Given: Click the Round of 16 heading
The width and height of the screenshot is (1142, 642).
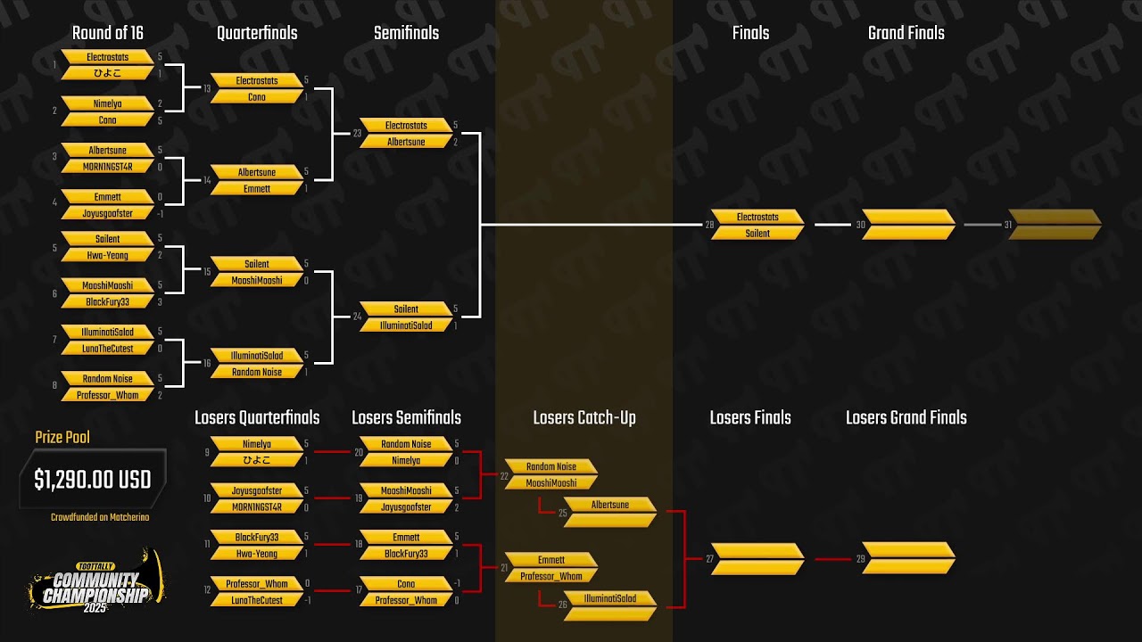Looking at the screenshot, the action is coord(107,33).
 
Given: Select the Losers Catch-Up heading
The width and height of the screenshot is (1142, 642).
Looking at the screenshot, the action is coord(584,418).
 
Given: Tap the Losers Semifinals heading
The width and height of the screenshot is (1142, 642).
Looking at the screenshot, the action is coord(406,418).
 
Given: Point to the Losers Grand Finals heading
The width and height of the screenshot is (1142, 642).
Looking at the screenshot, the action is coord(906,418).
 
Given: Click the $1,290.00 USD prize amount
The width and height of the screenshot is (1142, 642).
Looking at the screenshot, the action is coord(93,480).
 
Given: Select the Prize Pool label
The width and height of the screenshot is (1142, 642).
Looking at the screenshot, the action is coord(62,437).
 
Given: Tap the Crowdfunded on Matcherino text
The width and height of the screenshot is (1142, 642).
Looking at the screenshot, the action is coord(100,517).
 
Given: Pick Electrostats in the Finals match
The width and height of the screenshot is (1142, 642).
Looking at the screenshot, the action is coord(757,217).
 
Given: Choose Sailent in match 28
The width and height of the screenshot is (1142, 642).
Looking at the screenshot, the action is coord(757,234).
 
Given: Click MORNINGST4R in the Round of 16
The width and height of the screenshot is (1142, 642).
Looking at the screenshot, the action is coord(107,167).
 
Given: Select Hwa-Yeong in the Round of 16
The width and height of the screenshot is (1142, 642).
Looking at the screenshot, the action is coord(107,256).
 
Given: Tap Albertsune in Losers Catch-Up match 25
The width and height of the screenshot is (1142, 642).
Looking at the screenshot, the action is coord(610,505).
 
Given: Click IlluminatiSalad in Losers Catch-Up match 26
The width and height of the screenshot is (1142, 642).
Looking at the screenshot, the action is coord(610,598).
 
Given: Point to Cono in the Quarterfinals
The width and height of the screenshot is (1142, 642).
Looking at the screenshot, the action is coord(257,97).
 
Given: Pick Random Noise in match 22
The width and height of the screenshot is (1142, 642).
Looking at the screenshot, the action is coord(550,466).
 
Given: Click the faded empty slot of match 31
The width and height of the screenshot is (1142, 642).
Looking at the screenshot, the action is coord(1055,225).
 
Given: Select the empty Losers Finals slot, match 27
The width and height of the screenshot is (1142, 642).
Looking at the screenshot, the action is coord(757,559).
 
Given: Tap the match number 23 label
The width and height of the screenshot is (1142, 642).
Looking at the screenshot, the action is coord(357,134).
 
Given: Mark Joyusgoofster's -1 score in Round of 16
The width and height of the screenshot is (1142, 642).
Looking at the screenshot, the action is coord(160,214).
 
